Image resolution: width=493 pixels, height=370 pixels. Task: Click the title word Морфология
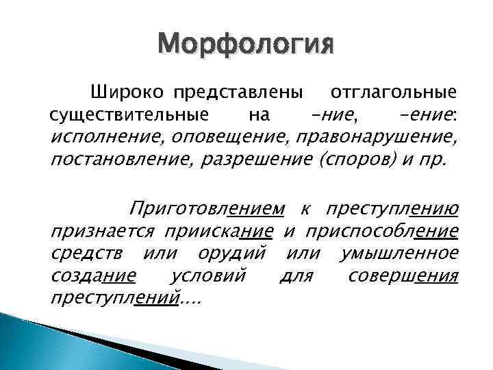click(x=246, y=47)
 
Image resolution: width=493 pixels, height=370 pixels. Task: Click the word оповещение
click(x=230, y=136)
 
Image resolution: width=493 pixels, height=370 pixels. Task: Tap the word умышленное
click(x=399, y=253)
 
